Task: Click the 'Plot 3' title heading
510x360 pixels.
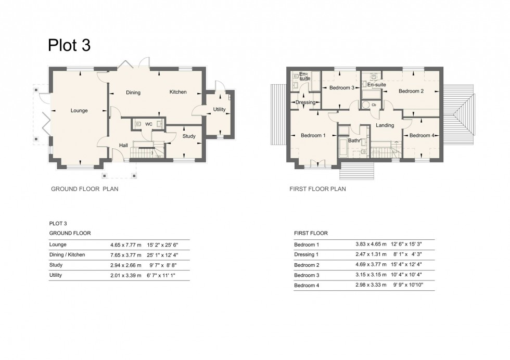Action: (69, 45)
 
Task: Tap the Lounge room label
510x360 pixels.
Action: (79, 110)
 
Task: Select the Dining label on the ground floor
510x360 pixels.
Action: (133, 93)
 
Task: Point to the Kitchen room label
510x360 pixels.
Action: (177, 92)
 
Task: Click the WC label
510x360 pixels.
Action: (148, 124)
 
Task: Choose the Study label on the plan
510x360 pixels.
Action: (189, 136)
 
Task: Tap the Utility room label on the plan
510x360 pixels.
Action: (219, 109)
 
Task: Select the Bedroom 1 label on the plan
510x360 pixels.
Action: (313, 136)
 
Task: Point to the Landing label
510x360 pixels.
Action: (385, 125)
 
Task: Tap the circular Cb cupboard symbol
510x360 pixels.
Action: (373, 105)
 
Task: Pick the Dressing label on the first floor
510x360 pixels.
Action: (305, 102)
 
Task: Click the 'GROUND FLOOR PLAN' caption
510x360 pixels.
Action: (84, 189)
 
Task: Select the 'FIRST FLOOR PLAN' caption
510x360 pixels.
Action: (317, 189)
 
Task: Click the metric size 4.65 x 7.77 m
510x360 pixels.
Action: (125, 245)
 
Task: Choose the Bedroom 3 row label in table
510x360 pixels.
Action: (307, 275)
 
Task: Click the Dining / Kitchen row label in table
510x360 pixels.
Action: (67, 255)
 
